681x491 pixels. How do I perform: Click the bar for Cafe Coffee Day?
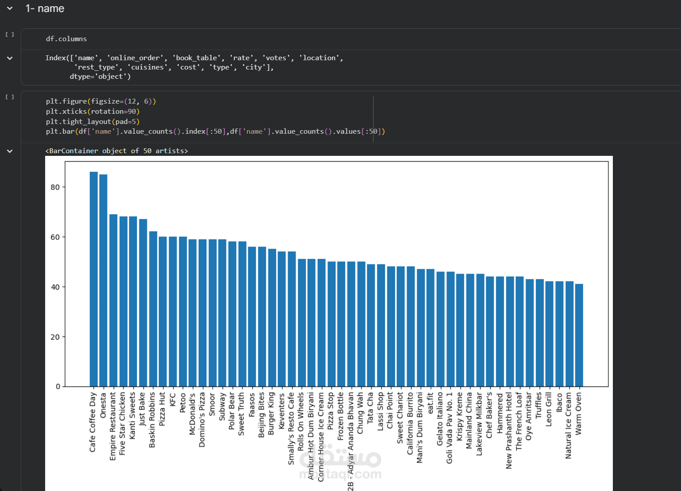coord(93,279)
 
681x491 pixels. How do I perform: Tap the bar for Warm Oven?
coord(579,335)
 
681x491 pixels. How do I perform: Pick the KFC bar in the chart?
coord(173,312)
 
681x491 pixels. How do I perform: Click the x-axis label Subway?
coord(222,406)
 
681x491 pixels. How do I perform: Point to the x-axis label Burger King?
coord(272,413)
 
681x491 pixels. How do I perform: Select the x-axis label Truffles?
coord(539,405)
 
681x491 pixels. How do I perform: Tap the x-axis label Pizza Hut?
coord(162,409)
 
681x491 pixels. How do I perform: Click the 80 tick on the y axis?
coord(55,187)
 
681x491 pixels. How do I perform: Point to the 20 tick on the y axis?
coord(55,337)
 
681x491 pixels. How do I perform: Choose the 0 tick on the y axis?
coord(58,387)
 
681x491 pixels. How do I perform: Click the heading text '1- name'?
coord(45,8)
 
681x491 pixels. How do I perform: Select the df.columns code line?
coord(66,39)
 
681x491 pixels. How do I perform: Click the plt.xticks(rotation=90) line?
coord(92,112)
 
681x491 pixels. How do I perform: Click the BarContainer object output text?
coord(116,151)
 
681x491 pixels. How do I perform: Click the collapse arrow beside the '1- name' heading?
coord(10,8)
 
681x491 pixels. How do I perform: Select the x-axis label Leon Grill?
coord(549,409)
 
